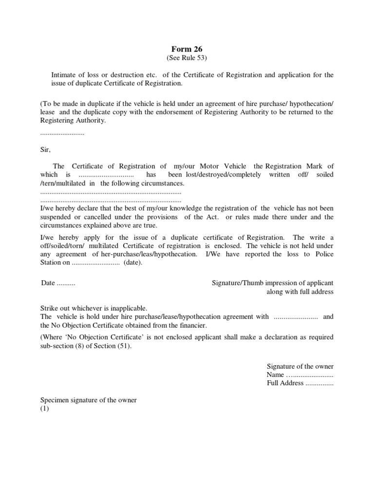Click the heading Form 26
tap(187, 49)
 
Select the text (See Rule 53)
tap(187, 58)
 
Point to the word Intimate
tap(65, 75)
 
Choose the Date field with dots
tap(58, 283)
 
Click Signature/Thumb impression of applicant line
tap(273, 283)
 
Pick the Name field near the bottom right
tap(299, 375)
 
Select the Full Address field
tap(299, 383)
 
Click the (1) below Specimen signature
tap(45, 409)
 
